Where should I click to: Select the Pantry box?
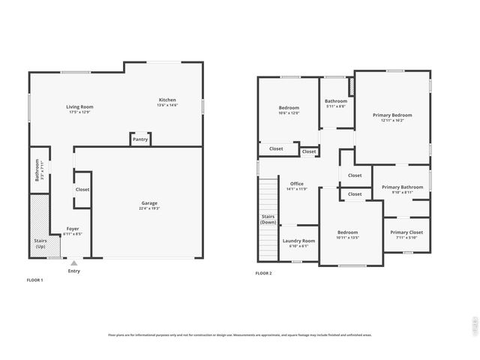(140, 139)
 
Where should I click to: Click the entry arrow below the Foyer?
(73, 263)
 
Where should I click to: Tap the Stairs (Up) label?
(40, 244)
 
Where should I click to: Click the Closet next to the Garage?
(82, 190)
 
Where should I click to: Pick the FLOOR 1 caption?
(34, 280)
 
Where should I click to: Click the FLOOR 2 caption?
(263, 273)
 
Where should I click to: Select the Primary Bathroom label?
(403, 189)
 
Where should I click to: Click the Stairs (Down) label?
(268, 220)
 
